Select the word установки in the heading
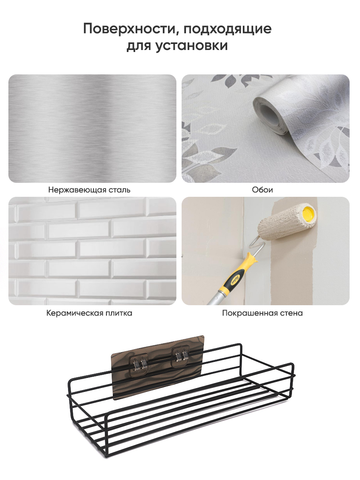click(192, 46)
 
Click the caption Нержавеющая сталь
click(89, 190)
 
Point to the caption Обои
click(262, 190)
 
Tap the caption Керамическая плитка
click(89, 313)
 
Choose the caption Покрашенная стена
click(262, 313)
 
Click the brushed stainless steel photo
click(92, 128)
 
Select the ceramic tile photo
click(92, 251)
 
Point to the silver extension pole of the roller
click(215, 298)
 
